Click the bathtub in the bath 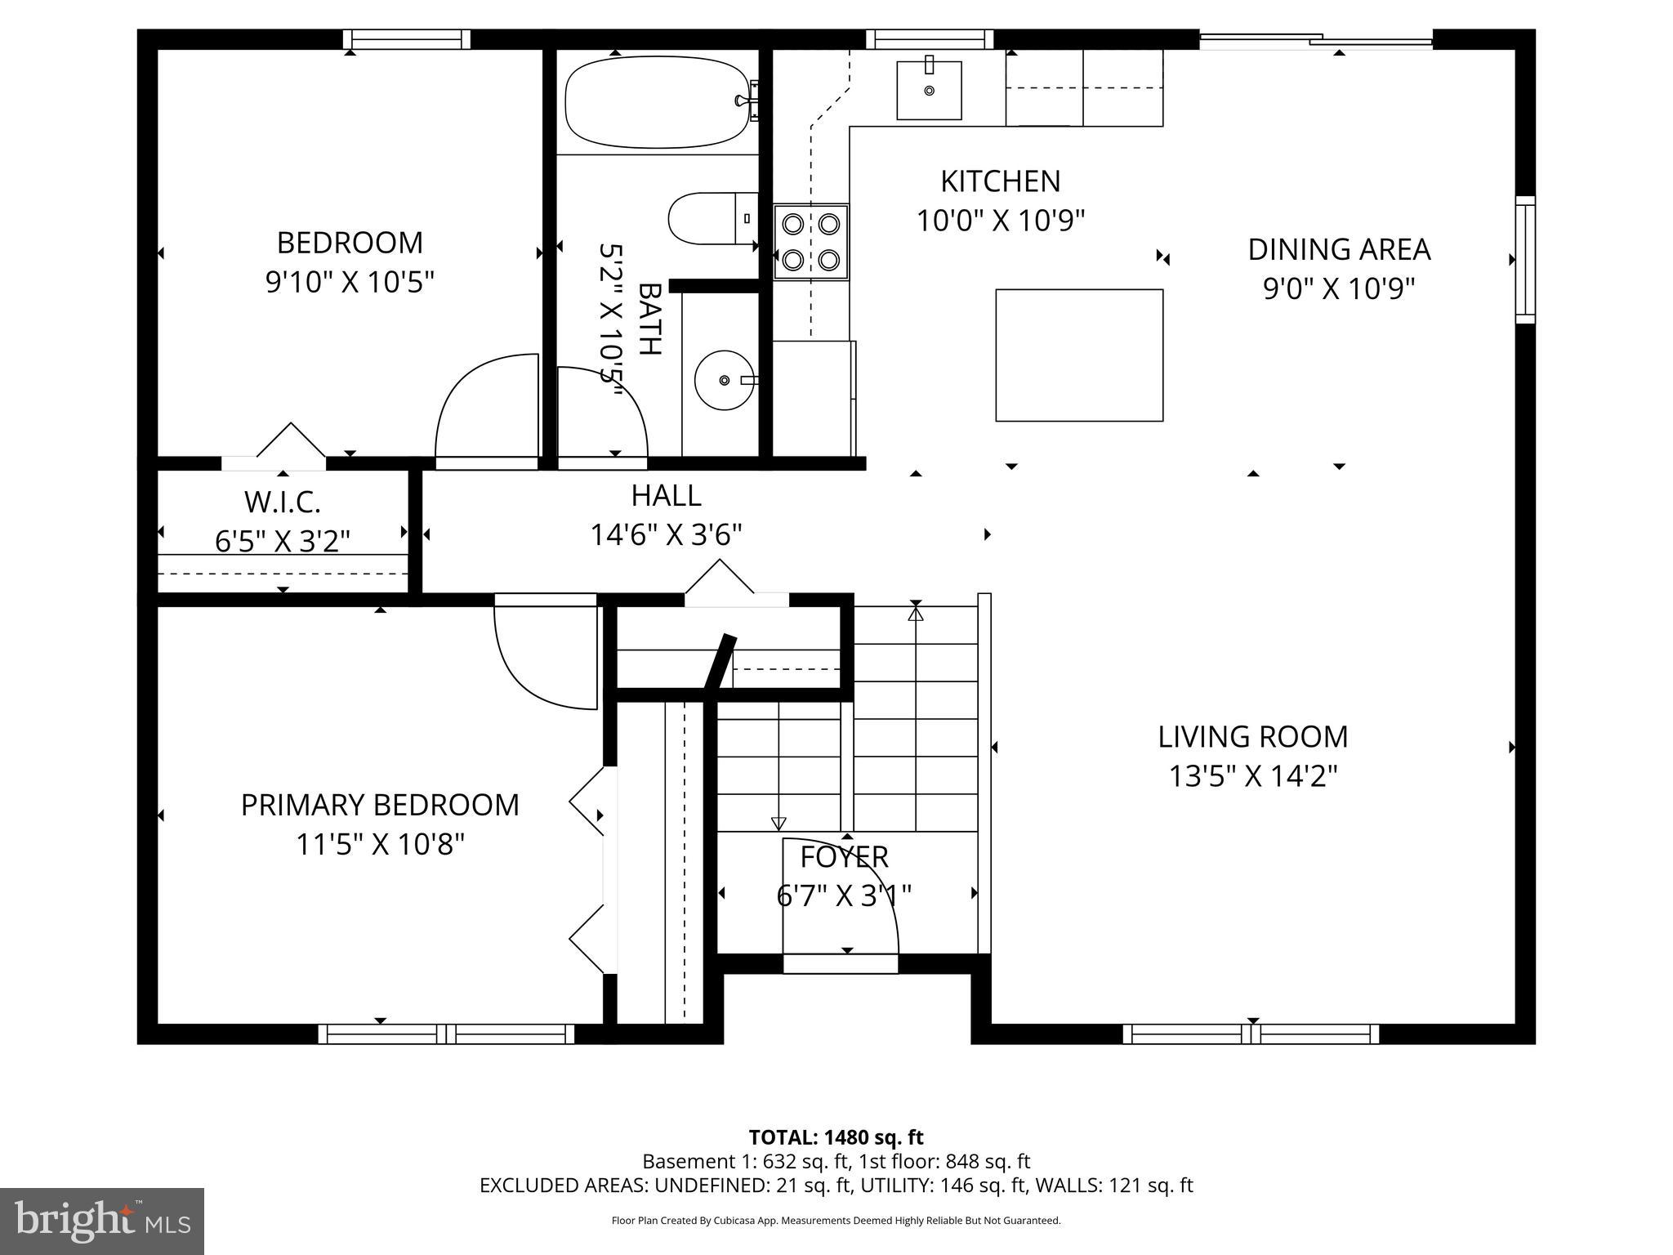pos(657,102)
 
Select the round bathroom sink pos(724,380)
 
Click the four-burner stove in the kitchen pos(810,242)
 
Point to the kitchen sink pos(929,90)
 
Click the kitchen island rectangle pos(1078,355)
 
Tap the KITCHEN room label pos(1000,181)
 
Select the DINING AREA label pos(1338,250)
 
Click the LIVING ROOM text pos(1252,737)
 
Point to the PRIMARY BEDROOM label pos(380,806)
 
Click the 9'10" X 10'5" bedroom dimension pos(350,283)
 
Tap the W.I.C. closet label pos(283,502)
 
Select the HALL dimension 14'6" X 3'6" pos(666,535)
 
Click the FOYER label pos(844,857)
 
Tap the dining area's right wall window pos(1524,259)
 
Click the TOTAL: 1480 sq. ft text pos(836,1137)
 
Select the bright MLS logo pos(102,1222)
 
